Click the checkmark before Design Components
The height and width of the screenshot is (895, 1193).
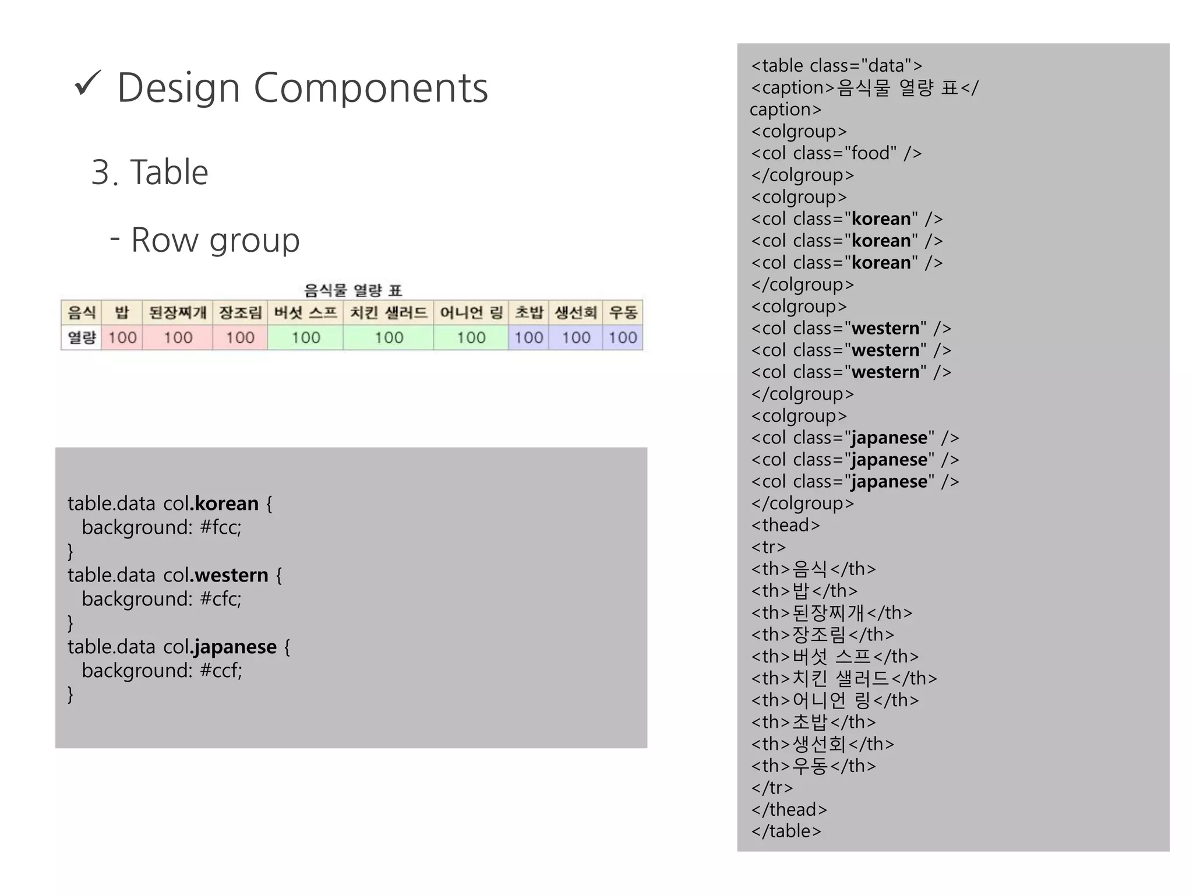coord(88,84)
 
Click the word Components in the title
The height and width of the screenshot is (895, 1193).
coord(370,89)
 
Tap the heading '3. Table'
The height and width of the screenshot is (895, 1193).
coord(150,172)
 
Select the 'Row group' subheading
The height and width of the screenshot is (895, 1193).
coord(215,240)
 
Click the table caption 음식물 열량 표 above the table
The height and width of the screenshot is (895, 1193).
coord(353,290)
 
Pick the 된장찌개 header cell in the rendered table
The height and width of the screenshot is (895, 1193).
coord(178,313)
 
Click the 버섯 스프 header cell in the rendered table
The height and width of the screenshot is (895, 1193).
coord(305,313)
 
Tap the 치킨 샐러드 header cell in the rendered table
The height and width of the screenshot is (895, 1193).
coord(389,313)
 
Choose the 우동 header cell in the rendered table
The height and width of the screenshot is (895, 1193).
coord(623,313)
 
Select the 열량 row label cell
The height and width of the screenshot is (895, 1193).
coord(82,337)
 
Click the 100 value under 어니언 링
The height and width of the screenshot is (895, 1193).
coord(471,337)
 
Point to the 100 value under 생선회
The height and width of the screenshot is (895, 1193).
coord(576,337)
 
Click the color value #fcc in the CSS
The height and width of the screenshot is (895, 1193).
coord(220,527)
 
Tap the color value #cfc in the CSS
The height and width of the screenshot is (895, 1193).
coord(220,599)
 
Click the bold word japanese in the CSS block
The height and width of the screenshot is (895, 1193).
coord(235,647)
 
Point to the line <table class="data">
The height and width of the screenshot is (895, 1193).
coord(836,65)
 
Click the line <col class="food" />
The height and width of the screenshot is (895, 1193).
coord(836,153)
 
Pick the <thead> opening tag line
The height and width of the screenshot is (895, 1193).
coord(785,525)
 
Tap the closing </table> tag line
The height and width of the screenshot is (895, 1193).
coord(786,831)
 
